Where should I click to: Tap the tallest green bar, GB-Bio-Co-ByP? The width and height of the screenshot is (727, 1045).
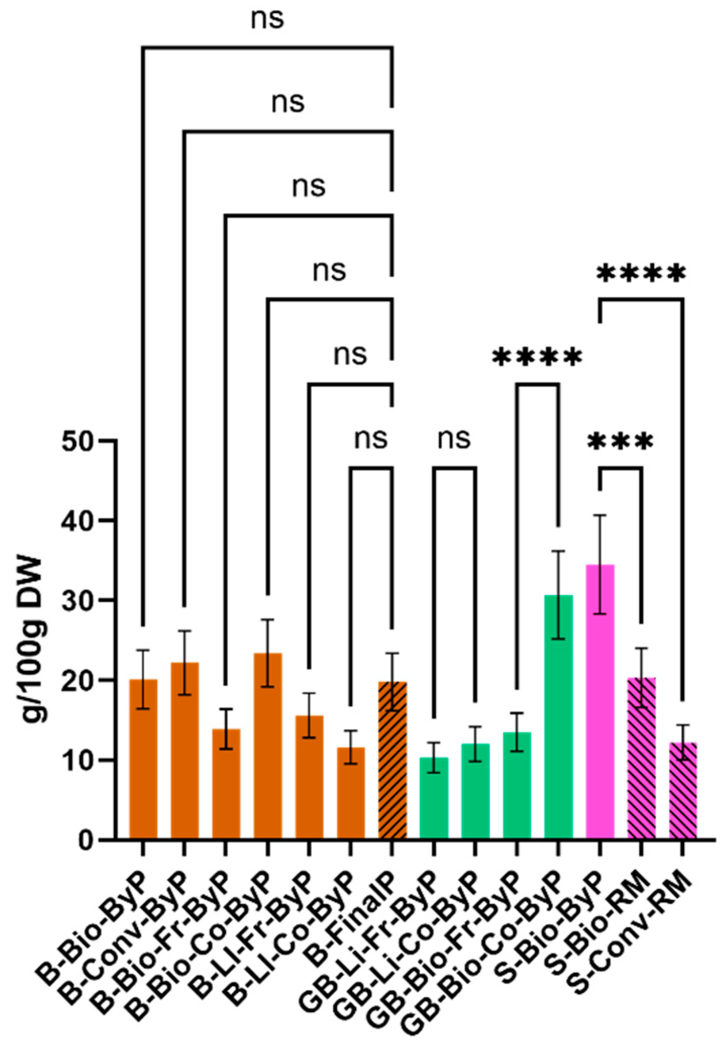coord(558,717)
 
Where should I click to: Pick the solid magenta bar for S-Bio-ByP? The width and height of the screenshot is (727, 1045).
coord(600,702)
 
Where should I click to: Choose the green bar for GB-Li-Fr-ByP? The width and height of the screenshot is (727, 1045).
coord(434,798)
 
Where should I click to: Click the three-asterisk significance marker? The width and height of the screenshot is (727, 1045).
coord(620,442)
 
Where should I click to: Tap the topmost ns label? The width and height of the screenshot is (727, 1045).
coord(268,19)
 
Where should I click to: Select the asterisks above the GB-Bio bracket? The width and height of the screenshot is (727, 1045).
coord(537,358)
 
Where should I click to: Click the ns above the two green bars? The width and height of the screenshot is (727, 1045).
coord(454,438)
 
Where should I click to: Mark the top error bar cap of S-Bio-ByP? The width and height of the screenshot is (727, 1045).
coord(600,515)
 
